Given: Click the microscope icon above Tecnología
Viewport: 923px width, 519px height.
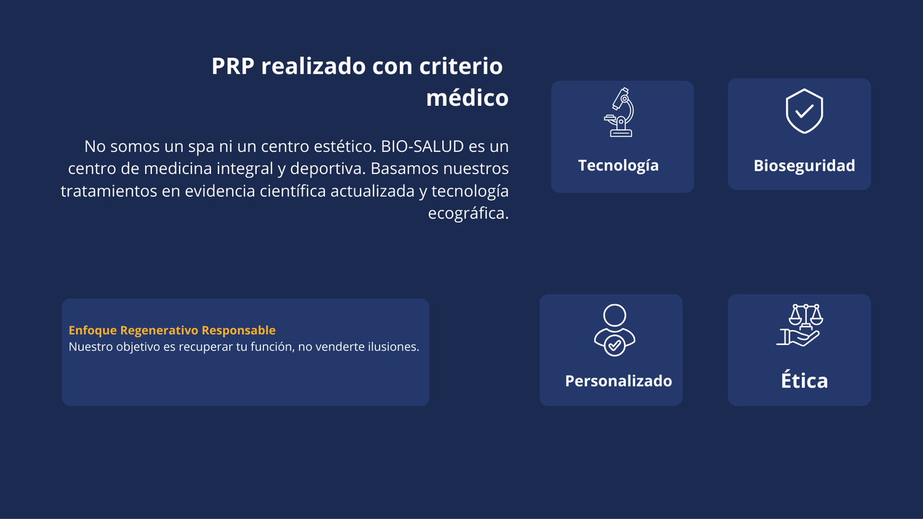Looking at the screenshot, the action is (619, 112).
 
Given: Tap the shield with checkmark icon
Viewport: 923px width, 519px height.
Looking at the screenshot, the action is (804, 111).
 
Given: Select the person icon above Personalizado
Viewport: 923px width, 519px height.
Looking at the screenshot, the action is (614, 330).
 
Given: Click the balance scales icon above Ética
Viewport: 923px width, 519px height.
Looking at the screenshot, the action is (800, 325).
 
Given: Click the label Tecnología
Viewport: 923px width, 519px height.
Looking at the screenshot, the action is (618, 165).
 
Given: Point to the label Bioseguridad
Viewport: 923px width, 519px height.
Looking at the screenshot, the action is (804, 165).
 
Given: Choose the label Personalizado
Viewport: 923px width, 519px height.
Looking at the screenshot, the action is (618, 381).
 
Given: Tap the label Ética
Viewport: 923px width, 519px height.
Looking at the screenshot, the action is (804, 380).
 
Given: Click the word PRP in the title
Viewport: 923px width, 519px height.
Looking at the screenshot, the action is (233, 66).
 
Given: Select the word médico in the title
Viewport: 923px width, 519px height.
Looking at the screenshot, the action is (467, 98).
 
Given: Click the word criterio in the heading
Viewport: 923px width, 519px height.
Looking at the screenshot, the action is (461, 66).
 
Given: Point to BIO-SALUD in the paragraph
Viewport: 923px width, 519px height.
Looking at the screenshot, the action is (422, 146).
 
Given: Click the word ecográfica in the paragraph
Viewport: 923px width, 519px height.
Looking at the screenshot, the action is (468, 213).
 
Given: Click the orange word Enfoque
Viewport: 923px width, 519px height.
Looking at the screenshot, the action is (93, 330).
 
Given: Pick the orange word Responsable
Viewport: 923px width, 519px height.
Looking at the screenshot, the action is (239, 330).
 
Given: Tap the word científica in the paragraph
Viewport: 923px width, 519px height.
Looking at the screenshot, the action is (293, 191).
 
